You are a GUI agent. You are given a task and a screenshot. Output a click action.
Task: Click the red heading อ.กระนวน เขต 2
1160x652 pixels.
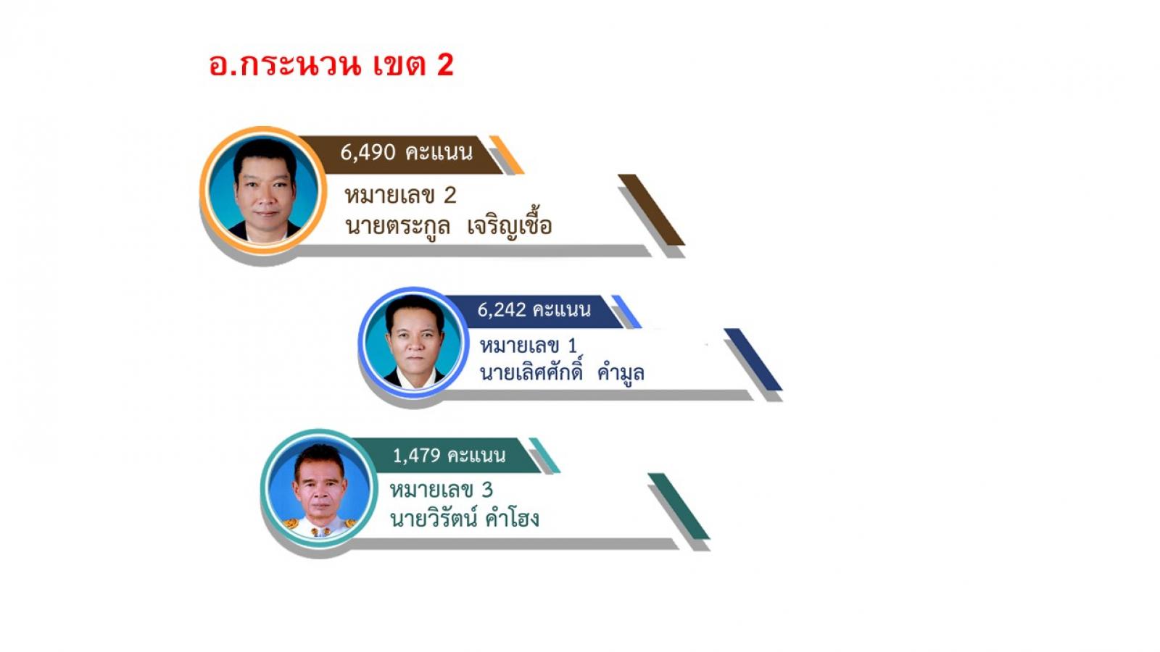point(331,65)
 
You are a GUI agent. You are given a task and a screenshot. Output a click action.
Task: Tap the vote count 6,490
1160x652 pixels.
point(368,153)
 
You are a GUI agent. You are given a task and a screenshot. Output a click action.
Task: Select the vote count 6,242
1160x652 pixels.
point(501,309)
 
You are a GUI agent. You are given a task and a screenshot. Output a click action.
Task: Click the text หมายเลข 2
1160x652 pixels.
point(400,196)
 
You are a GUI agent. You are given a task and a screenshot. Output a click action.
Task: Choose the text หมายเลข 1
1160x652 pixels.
point(529,345)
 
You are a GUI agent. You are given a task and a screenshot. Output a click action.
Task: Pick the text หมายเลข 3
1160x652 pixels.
point(442,490)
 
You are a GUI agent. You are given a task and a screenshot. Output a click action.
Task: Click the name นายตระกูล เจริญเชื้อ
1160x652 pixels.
point(449,226)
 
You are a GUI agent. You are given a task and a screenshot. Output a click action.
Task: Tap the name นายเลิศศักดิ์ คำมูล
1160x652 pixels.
point(562,372)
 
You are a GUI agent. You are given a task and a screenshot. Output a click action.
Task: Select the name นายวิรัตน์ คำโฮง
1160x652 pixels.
point(465,518)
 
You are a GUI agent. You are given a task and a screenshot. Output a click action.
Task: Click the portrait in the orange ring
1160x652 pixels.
point(264,191)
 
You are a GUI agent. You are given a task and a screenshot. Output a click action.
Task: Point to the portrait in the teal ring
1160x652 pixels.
point(320,488)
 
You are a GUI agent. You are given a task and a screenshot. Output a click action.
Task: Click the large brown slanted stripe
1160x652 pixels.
point(652,209)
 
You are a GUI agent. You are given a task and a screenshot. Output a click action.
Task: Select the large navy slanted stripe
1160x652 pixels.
point(753,359)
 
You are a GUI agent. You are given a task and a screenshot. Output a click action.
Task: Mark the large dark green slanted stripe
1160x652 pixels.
point(679,506)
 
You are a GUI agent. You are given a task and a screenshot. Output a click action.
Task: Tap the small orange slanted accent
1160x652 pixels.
point(507,155)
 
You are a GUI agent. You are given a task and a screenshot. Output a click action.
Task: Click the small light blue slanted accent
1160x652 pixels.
point(626,312)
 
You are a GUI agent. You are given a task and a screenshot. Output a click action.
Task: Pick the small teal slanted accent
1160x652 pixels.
point(544,456)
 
